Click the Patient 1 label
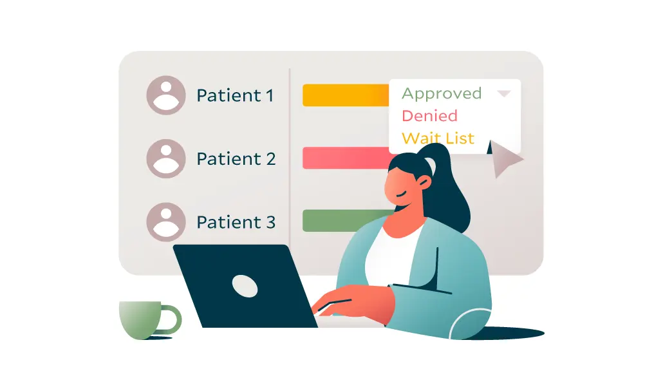(x=235, y=95)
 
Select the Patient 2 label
(x=236, y=158)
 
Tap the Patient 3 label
(x=236, y=222)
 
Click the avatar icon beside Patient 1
(x=166, y=95)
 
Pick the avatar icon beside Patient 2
(x=166, y=158)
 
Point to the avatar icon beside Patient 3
(x=166, y=222)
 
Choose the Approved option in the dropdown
(x=442, y=93)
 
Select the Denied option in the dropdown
(x=429, y=116)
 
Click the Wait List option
(x=438, y=138)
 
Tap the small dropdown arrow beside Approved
(x=504, y=94)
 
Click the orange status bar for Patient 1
(x=345, y=95)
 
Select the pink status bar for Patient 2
(x=345, y=158)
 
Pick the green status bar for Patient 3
(x=345, y=220)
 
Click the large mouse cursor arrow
(x=505, y=159)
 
